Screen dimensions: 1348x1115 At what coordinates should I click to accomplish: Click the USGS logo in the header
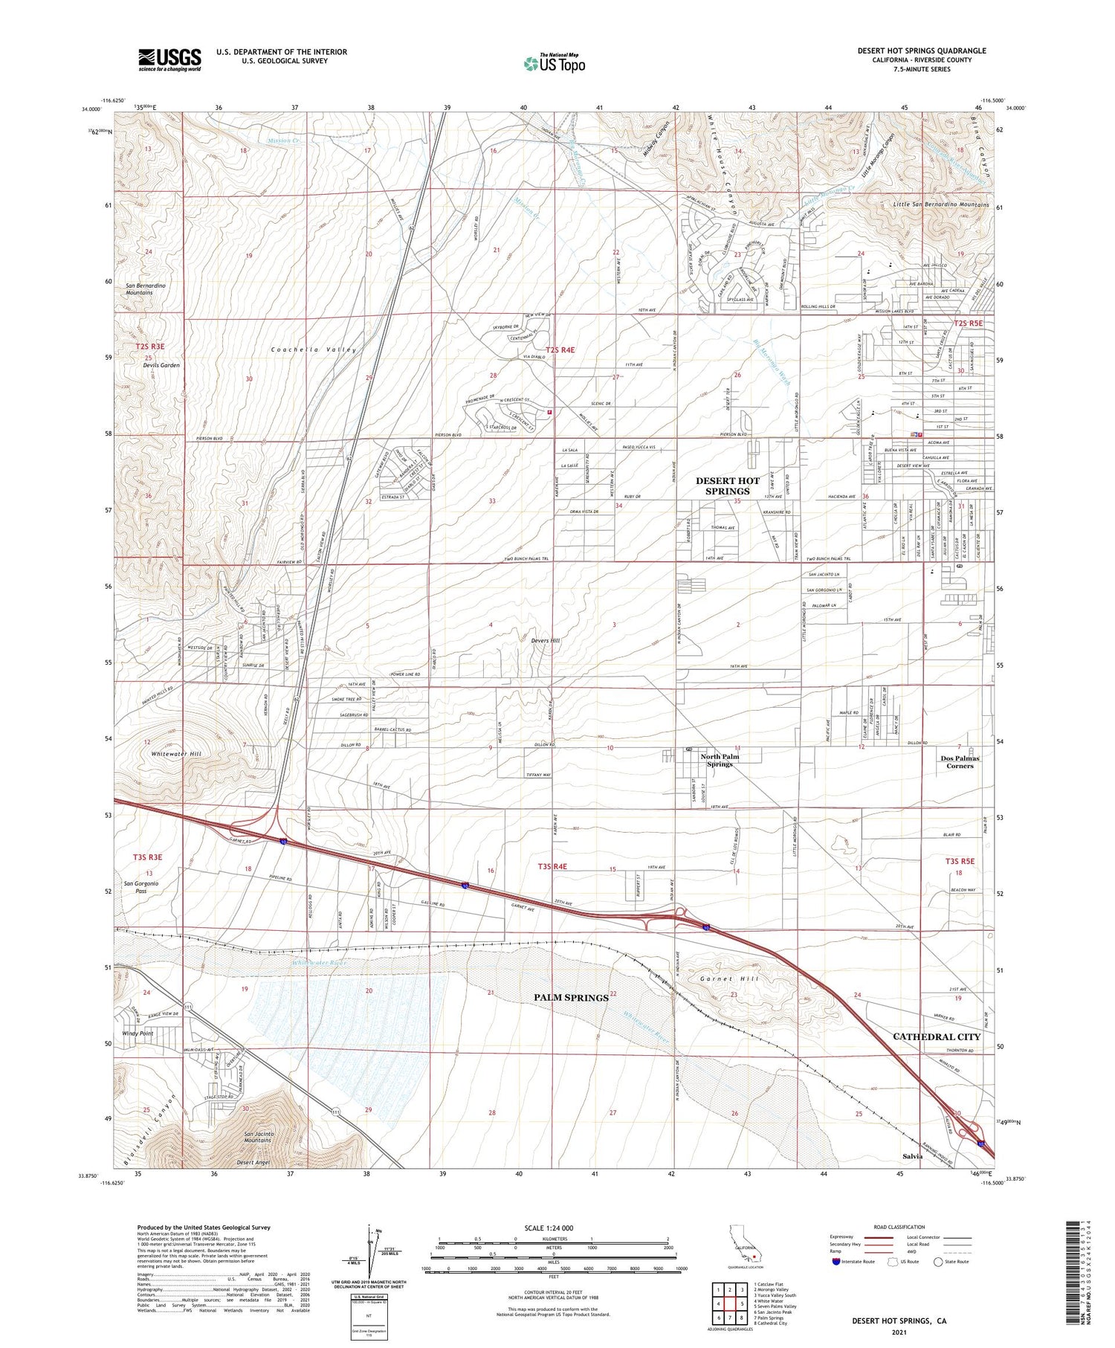pos(169,59)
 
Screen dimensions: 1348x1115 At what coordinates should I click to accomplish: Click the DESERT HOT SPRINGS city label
pos(728,486)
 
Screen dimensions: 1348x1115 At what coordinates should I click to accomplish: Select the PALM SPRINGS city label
pos(571,997)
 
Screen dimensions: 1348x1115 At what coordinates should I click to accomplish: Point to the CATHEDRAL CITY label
pos(937,1036)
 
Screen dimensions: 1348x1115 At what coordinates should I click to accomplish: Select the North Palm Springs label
pos(720,760)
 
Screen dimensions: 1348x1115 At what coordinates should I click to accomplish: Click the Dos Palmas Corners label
pos(960,762)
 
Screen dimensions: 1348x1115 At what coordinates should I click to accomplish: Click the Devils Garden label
pos(161,365)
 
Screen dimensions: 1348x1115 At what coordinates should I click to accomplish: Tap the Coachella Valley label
pos(314,349)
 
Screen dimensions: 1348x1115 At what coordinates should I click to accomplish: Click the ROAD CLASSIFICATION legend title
pos(899,1227)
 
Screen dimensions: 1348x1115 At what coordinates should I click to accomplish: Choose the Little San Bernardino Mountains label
pos(941,204)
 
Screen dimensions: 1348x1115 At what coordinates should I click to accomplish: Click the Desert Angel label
pos(253,1162)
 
